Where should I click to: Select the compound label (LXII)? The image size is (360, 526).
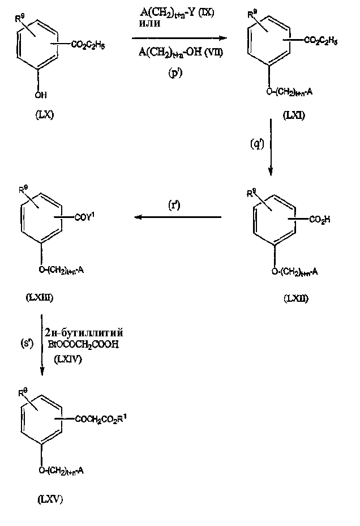pos(295,298)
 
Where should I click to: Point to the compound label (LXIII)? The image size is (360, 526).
pos(48,296)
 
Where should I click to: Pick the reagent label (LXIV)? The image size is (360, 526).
pos(67,358)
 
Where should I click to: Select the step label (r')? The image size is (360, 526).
pos(175,206)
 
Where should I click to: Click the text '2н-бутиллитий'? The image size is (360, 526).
pos(87,331)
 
